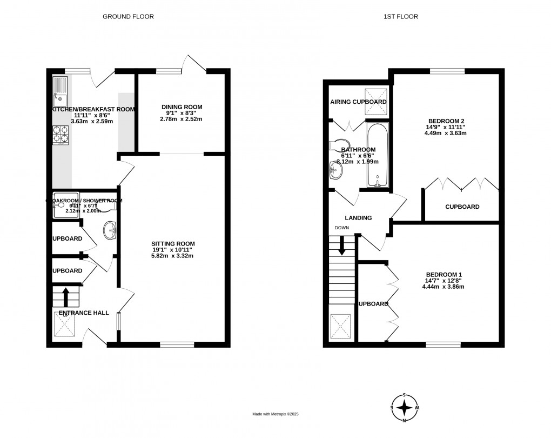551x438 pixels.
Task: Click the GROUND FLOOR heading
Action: pos(129,17)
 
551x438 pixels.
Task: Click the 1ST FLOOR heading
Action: pos(400,17)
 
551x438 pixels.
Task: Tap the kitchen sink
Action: pos(59,92)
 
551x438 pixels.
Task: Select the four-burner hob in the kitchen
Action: pos(61,135)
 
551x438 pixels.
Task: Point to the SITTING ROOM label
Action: pos(173,243)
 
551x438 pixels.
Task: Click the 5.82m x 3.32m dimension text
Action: pos(173,256)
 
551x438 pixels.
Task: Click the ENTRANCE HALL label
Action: pos(84,313)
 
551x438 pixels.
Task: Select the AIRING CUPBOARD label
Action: pos(358,102)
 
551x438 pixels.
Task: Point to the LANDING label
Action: pos(359,218)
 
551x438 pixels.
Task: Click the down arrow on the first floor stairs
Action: pos(341,245)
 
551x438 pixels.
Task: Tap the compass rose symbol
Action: pos(404,408)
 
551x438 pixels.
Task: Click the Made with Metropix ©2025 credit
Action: pos(275,414)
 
